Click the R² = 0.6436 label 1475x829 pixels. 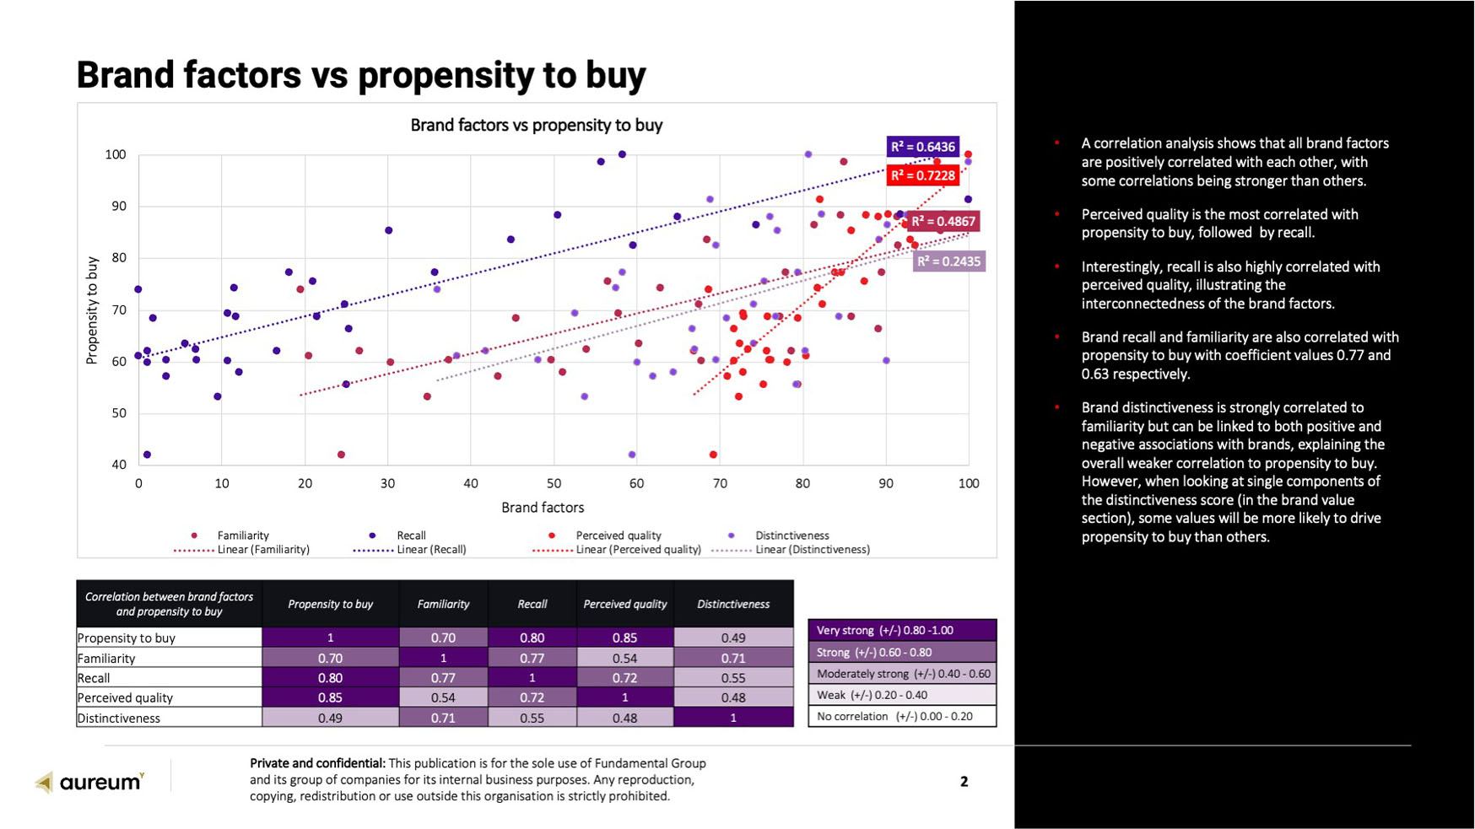point(922,147)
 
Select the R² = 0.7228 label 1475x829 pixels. point(922,175)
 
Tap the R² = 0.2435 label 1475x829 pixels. point(948,261)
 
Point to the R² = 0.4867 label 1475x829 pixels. point(943,222)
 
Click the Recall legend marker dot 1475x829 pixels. point(372,536)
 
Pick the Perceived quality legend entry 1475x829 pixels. point(618,536)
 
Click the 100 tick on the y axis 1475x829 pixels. point(116,154)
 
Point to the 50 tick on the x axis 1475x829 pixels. point(554,483)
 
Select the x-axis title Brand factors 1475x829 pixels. point(543,508)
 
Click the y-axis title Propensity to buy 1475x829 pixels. point(92,310)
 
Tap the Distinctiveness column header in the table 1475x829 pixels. point(732,604)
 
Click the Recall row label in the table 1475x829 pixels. point(94,678)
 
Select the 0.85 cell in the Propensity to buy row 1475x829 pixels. point(624,638)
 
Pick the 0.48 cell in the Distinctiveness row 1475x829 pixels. point(624,718)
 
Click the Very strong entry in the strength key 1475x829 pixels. point(901,630)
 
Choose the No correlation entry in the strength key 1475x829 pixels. point(901,716)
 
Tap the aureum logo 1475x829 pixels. point(90,782)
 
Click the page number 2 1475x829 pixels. point(964,782)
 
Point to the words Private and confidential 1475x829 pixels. point(317,763)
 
